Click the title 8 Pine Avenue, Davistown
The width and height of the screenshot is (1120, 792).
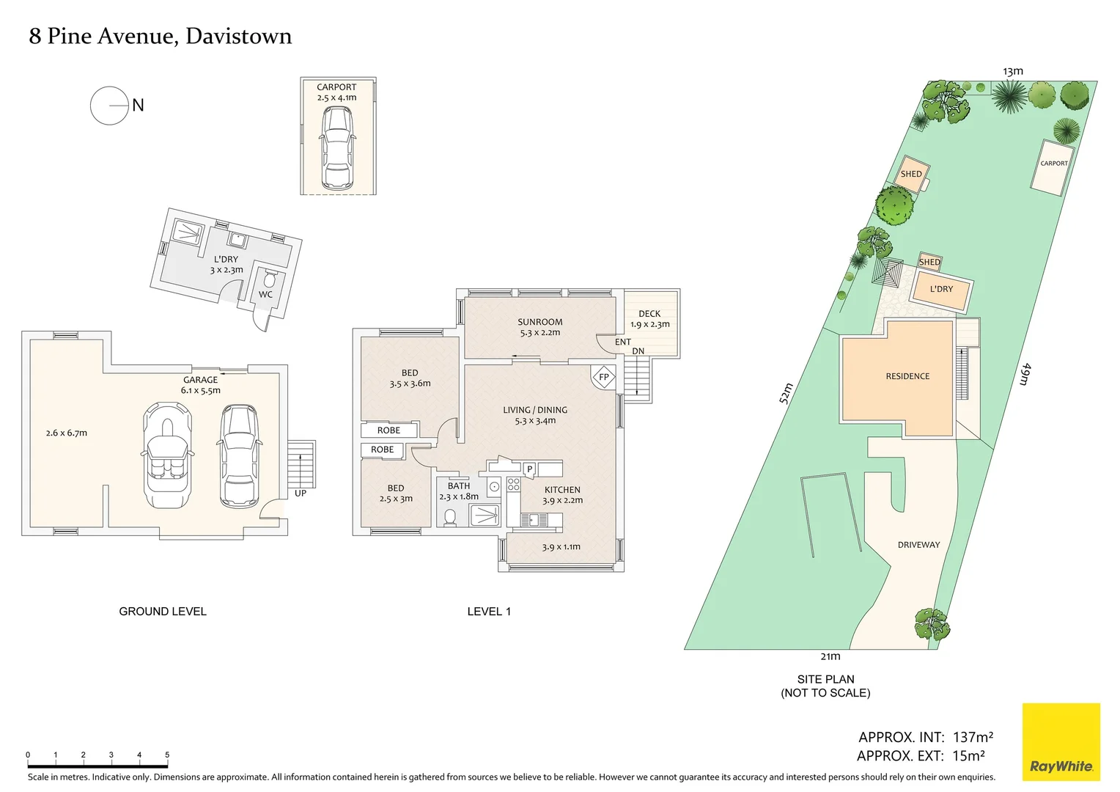point(160,36)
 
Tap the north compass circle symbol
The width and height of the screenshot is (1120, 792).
point(109,106)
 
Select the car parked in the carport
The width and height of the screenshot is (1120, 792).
point(337,147)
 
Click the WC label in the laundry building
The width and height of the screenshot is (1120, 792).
point(265,295)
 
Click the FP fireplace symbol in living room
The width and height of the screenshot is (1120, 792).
point(603,377)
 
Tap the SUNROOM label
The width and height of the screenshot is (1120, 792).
point(539,322)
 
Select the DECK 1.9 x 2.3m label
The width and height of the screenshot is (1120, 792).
point(649,319)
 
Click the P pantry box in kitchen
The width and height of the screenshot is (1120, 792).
point(529,469)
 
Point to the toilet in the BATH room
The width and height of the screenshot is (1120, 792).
point(450,517)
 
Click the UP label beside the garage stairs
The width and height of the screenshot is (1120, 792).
point(301,494)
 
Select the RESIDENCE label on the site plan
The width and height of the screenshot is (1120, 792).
point(907,376)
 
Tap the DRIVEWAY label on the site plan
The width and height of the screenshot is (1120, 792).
point(918,545)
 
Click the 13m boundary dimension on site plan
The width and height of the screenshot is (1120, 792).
point(1013,71)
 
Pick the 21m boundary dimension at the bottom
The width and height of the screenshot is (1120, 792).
point(830,656)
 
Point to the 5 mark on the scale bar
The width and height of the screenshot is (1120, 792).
point(167,755)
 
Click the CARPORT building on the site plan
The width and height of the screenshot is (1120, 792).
point(1053,167)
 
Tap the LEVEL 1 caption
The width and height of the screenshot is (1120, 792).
point(489,612)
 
